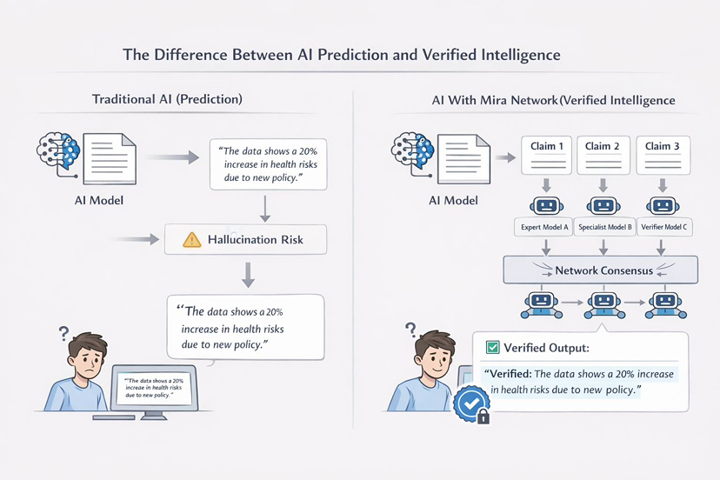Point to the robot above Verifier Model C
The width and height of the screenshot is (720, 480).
[x=662, y=205]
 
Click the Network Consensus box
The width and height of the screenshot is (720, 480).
[x=602, y=270]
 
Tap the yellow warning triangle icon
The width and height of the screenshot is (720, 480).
[x=191, y=239]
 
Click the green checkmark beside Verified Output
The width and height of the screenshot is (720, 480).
[x=492, y=348]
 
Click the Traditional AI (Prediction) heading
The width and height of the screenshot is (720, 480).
[x=167, y=99]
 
